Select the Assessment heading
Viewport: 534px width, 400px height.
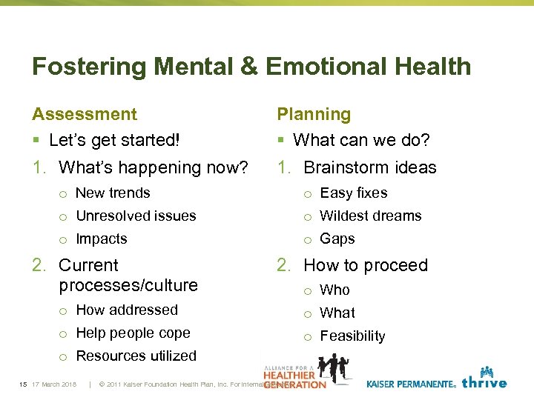[85, 114]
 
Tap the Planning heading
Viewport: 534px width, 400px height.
[314, 114]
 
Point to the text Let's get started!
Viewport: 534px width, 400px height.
[113, 140]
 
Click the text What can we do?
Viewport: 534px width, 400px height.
[361, 140]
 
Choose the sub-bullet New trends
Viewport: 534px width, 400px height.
[113, 193]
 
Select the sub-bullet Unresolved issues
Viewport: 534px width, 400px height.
[136, 216]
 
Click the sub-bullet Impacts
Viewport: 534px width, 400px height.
[102, 239]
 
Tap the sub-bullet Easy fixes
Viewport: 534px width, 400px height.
[354, 193]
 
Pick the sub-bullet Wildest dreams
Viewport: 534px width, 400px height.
[371, 216]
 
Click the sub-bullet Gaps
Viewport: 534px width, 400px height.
[337, 239]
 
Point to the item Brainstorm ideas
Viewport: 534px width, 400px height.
[370, 167]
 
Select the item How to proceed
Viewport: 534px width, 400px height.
[366, 265]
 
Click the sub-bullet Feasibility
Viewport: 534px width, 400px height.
[352, 336]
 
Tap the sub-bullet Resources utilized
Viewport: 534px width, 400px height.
[136, 356]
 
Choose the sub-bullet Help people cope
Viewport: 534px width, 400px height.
[133, 333]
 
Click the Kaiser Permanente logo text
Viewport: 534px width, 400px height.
[410, 384]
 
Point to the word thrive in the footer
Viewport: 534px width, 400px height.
[484, 383]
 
